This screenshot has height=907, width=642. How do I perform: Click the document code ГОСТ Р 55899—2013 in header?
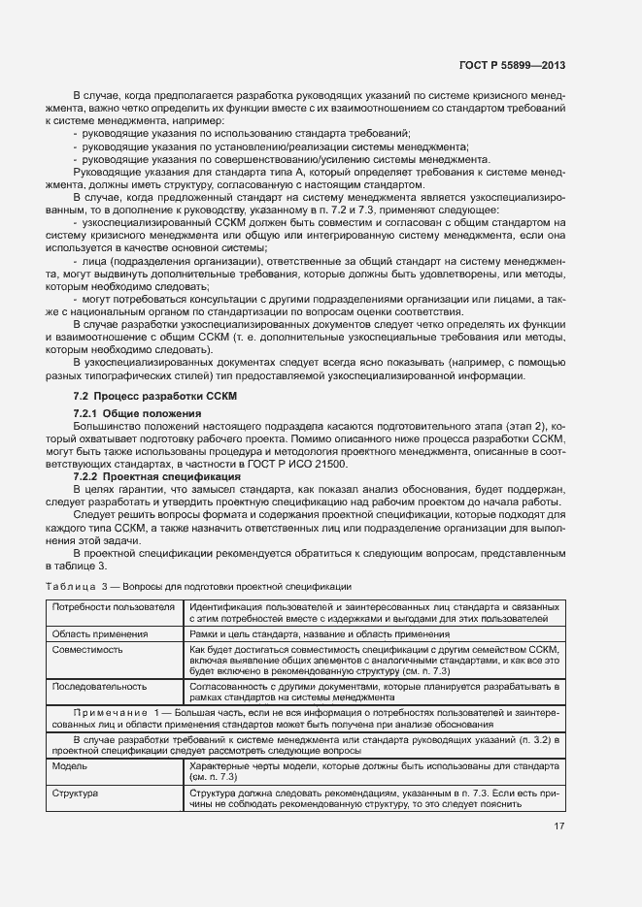pos(512,65)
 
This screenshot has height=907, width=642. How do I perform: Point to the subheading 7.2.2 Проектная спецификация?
pos(157,477)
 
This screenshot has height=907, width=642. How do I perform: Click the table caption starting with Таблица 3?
pos(198,587)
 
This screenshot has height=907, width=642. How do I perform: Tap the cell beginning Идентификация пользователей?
pos(374,613)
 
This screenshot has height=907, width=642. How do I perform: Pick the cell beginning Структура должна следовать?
pos(374,798)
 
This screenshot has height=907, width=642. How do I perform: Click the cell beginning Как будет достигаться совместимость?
pos(374,661)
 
